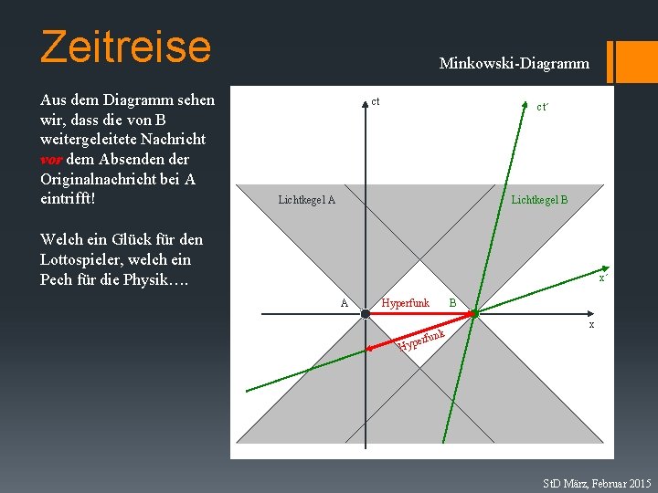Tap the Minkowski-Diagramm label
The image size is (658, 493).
514,64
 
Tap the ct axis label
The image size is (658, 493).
376,100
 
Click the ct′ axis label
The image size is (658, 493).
542,107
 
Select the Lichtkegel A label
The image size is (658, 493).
306,200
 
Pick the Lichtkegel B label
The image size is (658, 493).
539,199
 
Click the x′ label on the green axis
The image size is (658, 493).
603,278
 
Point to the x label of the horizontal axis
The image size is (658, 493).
591,324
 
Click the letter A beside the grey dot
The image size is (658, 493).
344,302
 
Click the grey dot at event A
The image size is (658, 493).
365,313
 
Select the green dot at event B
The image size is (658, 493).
475,313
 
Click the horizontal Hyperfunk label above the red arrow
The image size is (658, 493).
405,302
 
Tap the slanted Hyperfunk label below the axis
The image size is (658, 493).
421,339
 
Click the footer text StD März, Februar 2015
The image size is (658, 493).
597,482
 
